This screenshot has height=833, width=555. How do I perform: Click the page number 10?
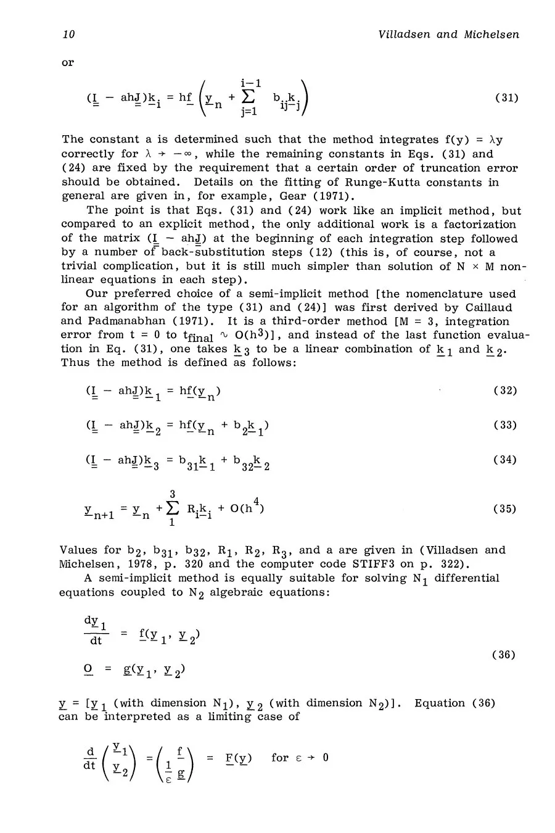[68, 35]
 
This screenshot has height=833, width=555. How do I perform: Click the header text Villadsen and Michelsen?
[448, 35]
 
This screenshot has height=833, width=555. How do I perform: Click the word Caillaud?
[489, 307]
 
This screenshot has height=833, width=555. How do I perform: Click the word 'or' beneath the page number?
[67, 63]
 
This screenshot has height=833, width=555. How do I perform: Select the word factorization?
[474, 225]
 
